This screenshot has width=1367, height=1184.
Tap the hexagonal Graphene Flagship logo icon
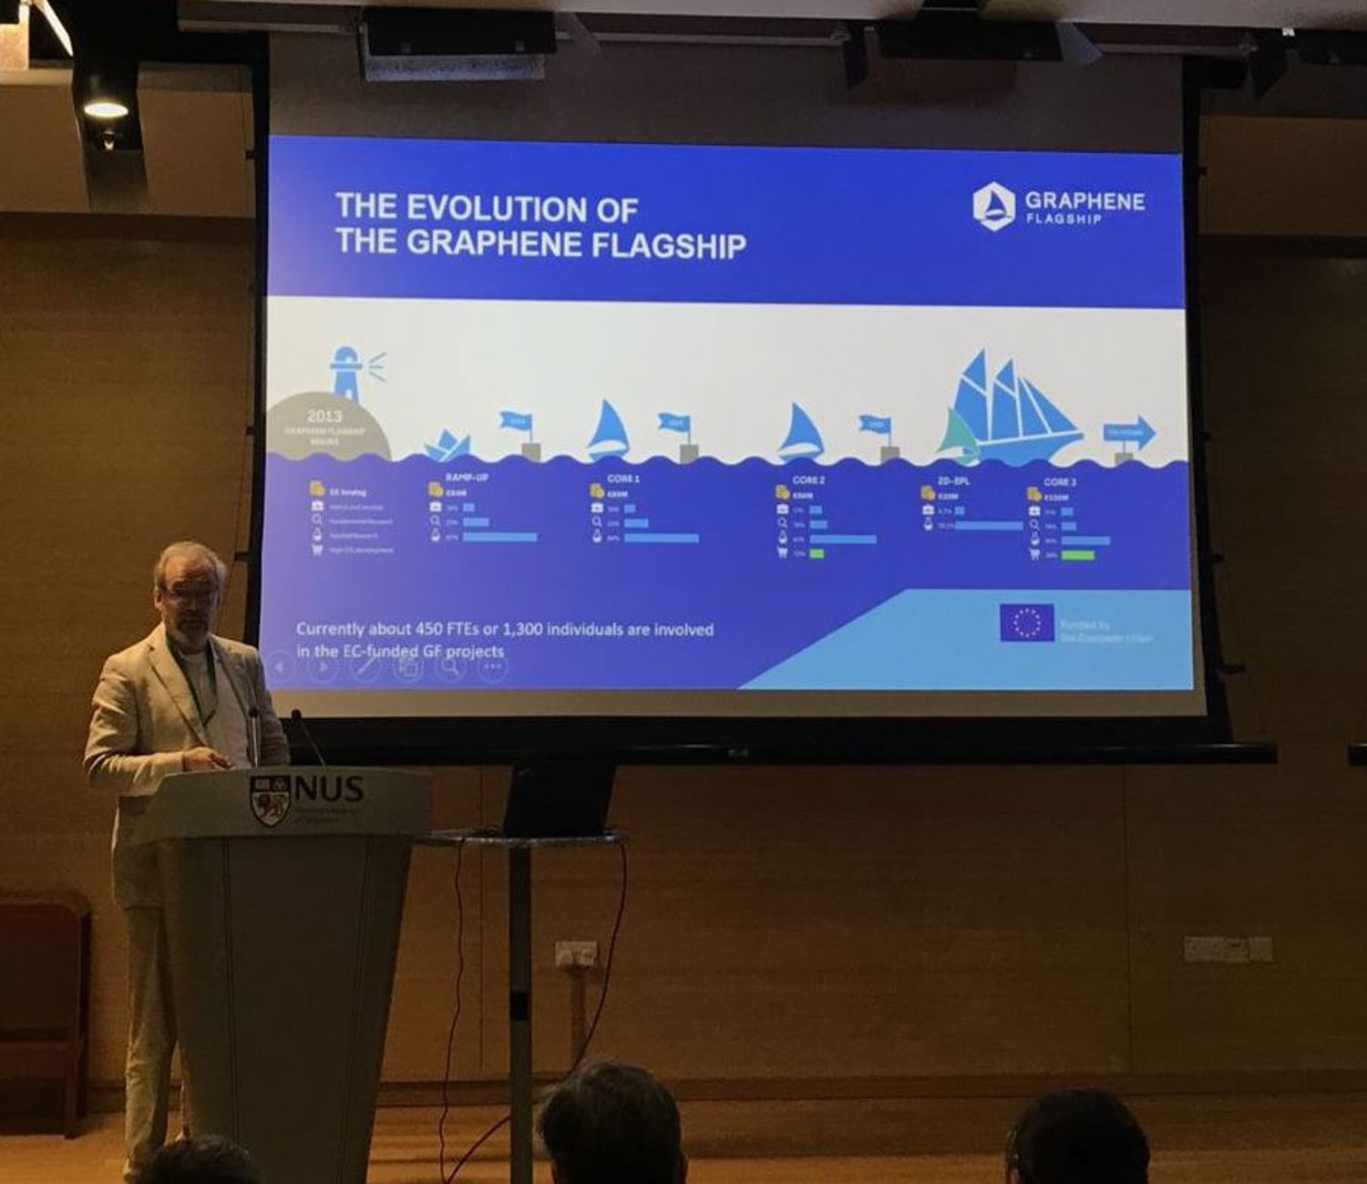click(x=992, y=205)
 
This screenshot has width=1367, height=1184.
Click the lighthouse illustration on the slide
click(x=347, y=374)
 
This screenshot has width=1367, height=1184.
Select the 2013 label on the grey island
click(x=324, y=417)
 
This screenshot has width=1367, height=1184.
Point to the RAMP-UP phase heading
click(x=467, y=478)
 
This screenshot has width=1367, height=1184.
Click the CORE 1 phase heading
click(x=623, y=479)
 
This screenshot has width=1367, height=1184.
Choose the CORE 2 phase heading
click(x=808, y=479)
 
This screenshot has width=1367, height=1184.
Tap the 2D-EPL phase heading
click(x=952, y=480)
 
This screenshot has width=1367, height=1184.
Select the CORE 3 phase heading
click(x=1060, y=481)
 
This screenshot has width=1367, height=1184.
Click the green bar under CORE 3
click(x=1078, y=554)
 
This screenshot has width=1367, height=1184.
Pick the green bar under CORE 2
click(x=817, y=553)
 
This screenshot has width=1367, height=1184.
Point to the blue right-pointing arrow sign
click(x=1129, y=433)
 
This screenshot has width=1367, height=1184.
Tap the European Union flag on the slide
click(x=1026, y=623)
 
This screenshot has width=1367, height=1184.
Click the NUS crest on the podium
click(x=270, y=799)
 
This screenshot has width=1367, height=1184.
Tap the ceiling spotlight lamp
click(x=106, y=108)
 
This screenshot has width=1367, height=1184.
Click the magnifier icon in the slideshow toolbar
click(x=450, y=666)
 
